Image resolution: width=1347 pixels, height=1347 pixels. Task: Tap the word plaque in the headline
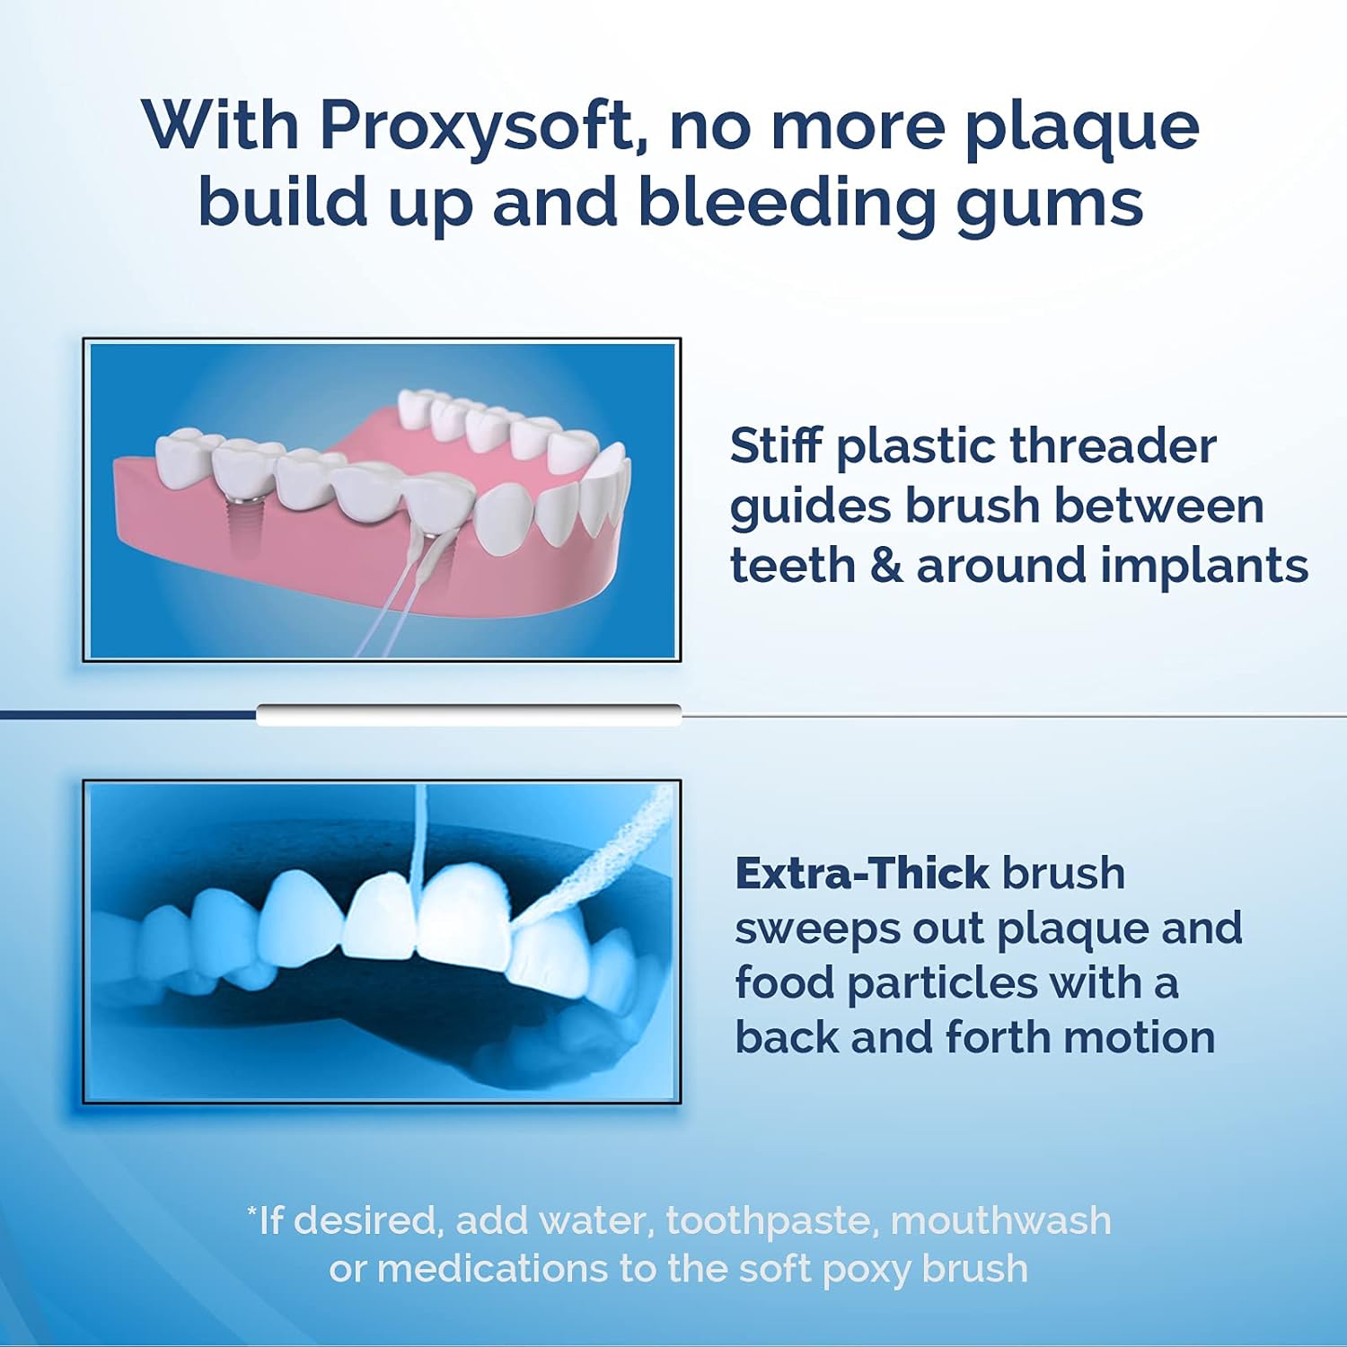pyautogui.click(x=1081, y=125)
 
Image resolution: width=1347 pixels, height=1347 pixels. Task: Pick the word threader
pyautogui.click(x=1113, y=446)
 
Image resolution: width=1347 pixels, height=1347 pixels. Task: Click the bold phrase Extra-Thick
pyautogui.click(x=862, y=873)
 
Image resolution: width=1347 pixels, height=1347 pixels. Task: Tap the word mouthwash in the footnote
pyautogui.click(x=1000, y=1221)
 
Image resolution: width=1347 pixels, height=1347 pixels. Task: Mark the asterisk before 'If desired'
pyautogui.click(x=252, y=1211)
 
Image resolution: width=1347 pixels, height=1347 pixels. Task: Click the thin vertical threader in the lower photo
pyautogui.click(x=417, y=835)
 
